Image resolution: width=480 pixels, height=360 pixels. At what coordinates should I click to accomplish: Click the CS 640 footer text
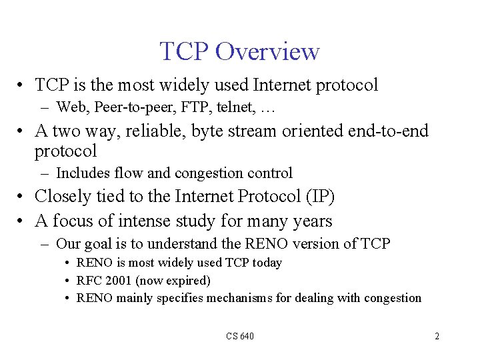[240, 336]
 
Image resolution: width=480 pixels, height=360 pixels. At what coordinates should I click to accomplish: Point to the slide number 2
[437, 336]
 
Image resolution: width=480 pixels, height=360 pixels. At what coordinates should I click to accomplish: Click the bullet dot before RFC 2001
[69, 281]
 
